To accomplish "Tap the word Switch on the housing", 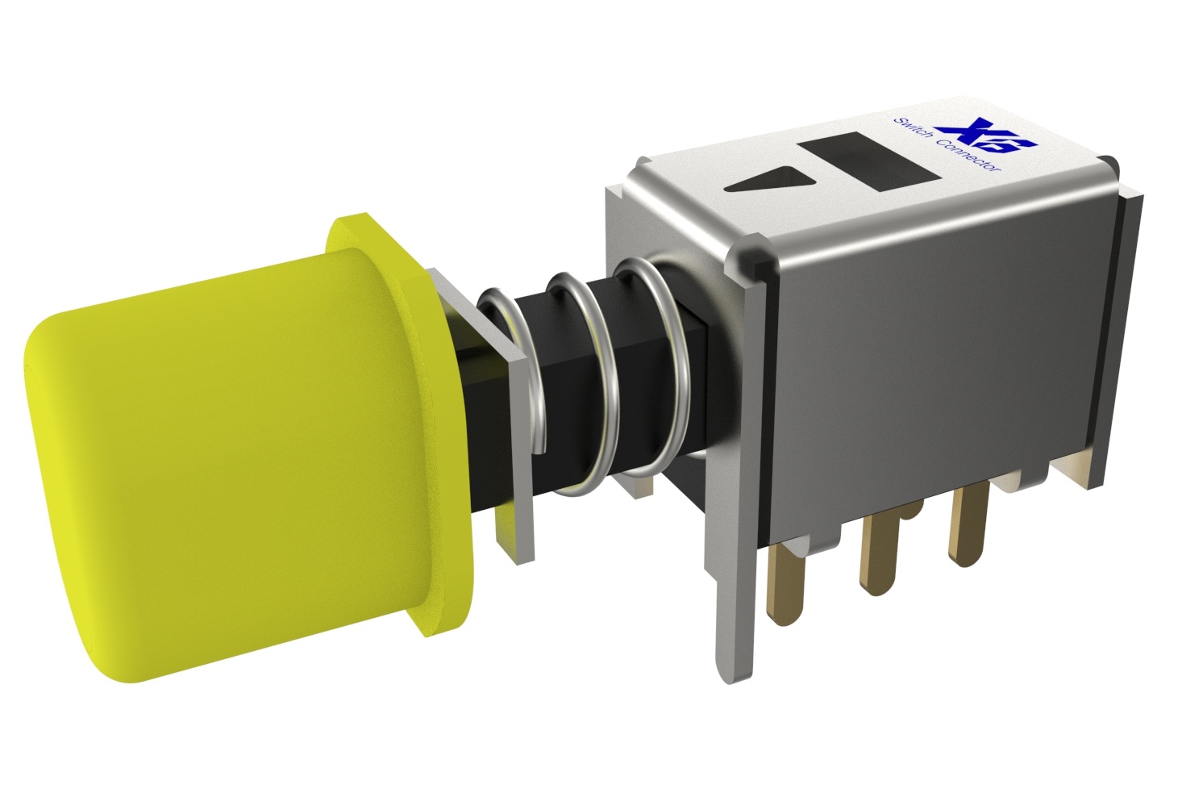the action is (914, 131).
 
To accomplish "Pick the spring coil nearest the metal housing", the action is (655, 365).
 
